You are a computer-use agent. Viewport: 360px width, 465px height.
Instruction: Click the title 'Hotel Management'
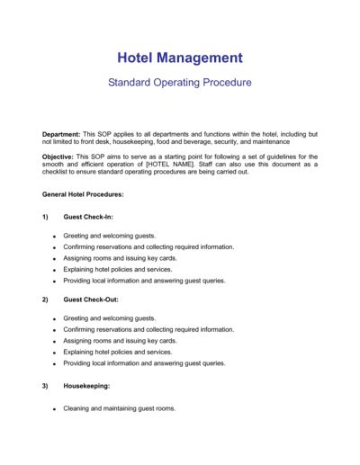coord(180,58)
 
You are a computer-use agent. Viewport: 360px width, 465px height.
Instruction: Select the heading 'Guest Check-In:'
coord(88,218)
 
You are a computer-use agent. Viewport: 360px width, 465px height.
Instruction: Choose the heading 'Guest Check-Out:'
coord(91,300)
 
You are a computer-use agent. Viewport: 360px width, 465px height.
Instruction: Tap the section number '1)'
coord(45,218)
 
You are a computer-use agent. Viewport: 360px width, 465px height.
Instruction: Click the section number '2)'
coord(45,300)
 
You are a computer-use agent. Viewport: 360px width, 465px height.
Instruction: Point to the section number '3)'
coord(45,385)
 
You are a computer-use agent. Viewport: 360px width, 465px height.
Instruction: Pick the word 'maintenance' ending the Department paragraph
coord(269,141)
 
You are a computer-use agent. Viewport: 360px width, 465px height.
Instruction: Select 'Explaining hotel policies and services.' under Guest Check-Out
coord(118,352)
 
